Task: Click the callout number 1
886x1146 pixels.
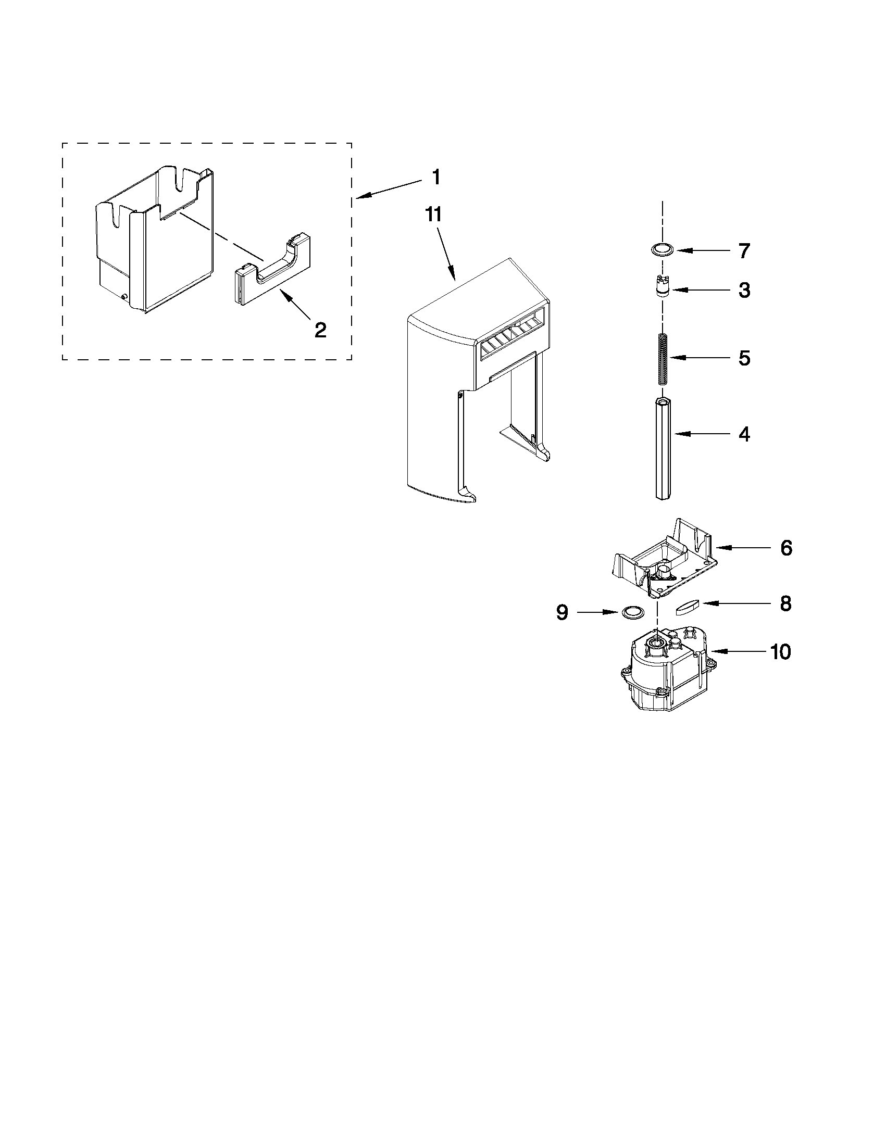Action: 436,178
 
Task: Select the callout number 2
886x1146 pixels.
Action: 320,330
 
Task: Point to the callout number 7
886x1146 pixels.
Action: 744,251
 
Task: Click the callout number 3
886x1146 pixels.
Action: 744,290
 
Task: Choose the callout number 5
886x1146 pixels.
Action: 744,358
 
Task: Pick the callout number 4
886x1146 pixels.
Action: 744,434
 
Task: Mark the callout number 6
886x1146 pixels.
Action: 786,548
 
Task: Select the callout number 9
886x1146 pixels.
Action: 562,612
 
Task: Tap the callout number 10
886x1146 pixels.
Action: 780,652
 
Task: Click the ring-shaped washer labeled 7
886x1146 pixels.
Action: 663,249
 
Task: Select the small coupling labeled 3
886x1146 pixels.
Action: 663,287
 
